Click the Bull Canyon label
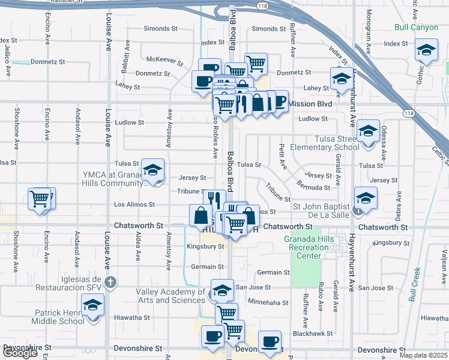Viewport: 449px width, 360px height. point(418,28)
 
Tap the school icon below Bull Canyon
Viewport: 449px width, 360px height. point(426,50)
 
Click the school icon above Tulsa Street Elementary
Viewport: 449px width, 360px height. point(367,129)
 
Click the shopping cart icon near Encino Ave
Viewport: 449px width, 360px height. point(40,198)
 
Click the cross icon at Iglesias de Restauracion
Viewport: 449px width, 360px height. point(109,281)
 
